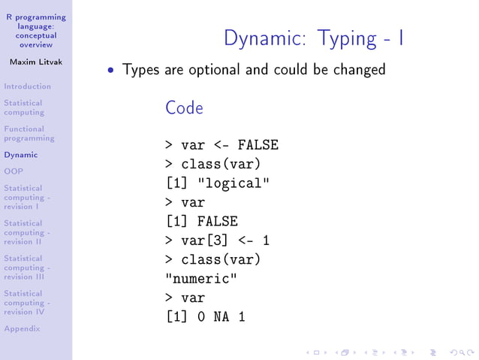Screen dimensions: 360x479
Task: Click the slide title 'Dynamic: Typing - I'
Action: coord(315,38)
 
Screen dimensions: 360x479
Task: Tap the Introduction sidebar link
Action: coord(27,86)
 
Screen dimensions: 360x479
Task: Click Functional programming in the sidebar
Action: coord(29,133)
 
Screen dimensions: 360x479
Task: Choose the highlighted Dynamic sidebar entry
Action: coord(20,155)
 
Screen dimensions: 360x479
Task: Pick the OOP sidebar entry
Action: coord(13,171)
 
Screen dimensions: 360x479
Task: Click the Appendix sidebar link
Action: coord(22,328)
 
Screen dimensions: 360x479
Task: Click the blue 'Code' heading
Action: coord(184,108)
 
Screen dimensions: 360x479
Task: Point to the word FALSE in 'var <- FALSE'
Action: coord(258,145)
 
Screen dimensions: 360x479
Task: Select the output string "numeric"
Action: coord(202,279)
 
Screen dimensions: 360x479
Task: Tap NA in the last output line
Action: coord(221,317)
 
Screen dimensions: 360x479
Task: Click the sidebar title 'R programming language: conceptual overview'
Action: coord(36,31)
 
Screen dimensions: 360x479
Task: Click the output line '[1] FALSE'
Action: coord(201,222)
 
